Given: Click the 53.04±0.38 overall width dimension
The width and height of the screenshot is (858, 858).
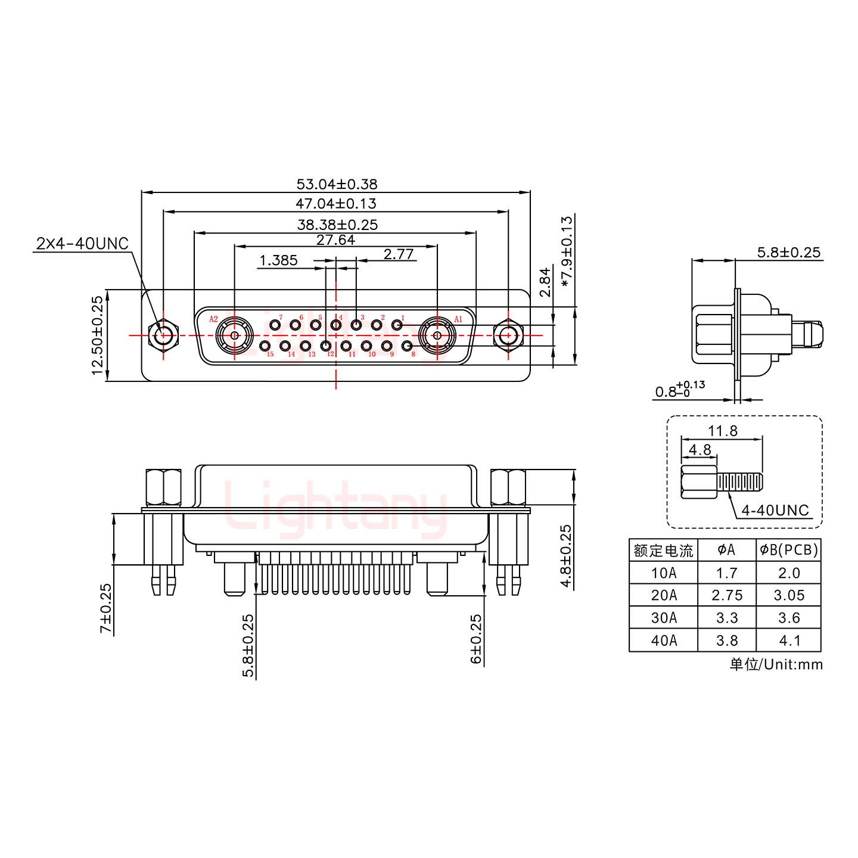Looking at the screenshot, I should point(337,184).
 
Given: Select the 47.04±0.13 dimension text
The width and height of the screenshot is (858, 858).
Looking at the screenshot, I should point(336,204).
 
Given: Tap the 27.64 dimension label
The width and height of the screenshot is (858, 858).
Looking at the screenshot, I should point(335,240).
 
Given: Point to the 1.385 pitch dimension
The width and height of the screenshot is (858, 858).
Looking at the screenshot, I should point(278,260).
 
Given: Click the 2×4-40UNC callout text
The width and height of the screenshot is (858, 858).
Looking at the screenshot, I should point(82,243).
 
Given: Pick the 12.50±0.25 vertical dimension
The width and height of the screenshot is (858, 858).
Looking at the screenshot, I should point(98,335).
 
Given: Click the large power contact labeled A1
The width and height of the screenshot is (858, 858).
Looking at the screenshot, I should point(437,335).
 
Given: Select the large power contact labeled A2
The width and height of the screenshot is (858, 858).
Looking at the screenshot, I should point(235,335).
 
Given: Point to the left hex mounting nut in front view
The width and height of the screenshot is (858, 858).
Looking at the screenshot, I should point(163,335).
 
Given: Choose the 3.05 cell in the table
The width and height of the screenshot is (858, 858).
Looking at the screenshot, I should point(789,595).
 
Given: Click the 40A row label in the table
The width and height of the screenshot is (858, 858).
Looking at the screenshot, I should point(663,641).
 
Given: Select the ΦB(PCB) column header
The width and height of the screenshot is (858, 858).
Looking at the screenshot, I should point(789,549).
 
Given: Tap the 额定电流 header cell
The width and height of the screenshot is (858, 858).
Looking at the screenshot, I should point(663,550).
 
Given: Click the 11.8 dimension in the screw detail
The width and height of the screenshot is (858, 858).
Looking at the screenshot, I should point(723,431).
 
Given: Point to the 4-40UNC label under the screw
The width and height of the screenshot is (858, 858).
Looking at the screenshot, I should point(775,510).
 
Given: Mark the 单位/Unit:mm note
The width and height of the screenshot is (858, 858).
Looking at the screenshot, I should point(776,664).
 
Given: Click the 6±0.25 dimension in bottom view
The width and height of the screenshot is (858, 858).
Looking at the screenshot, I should point(477,639).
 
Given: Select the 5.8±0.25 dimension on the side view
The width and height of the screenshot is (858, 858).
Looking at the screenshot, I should point(788,252).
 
